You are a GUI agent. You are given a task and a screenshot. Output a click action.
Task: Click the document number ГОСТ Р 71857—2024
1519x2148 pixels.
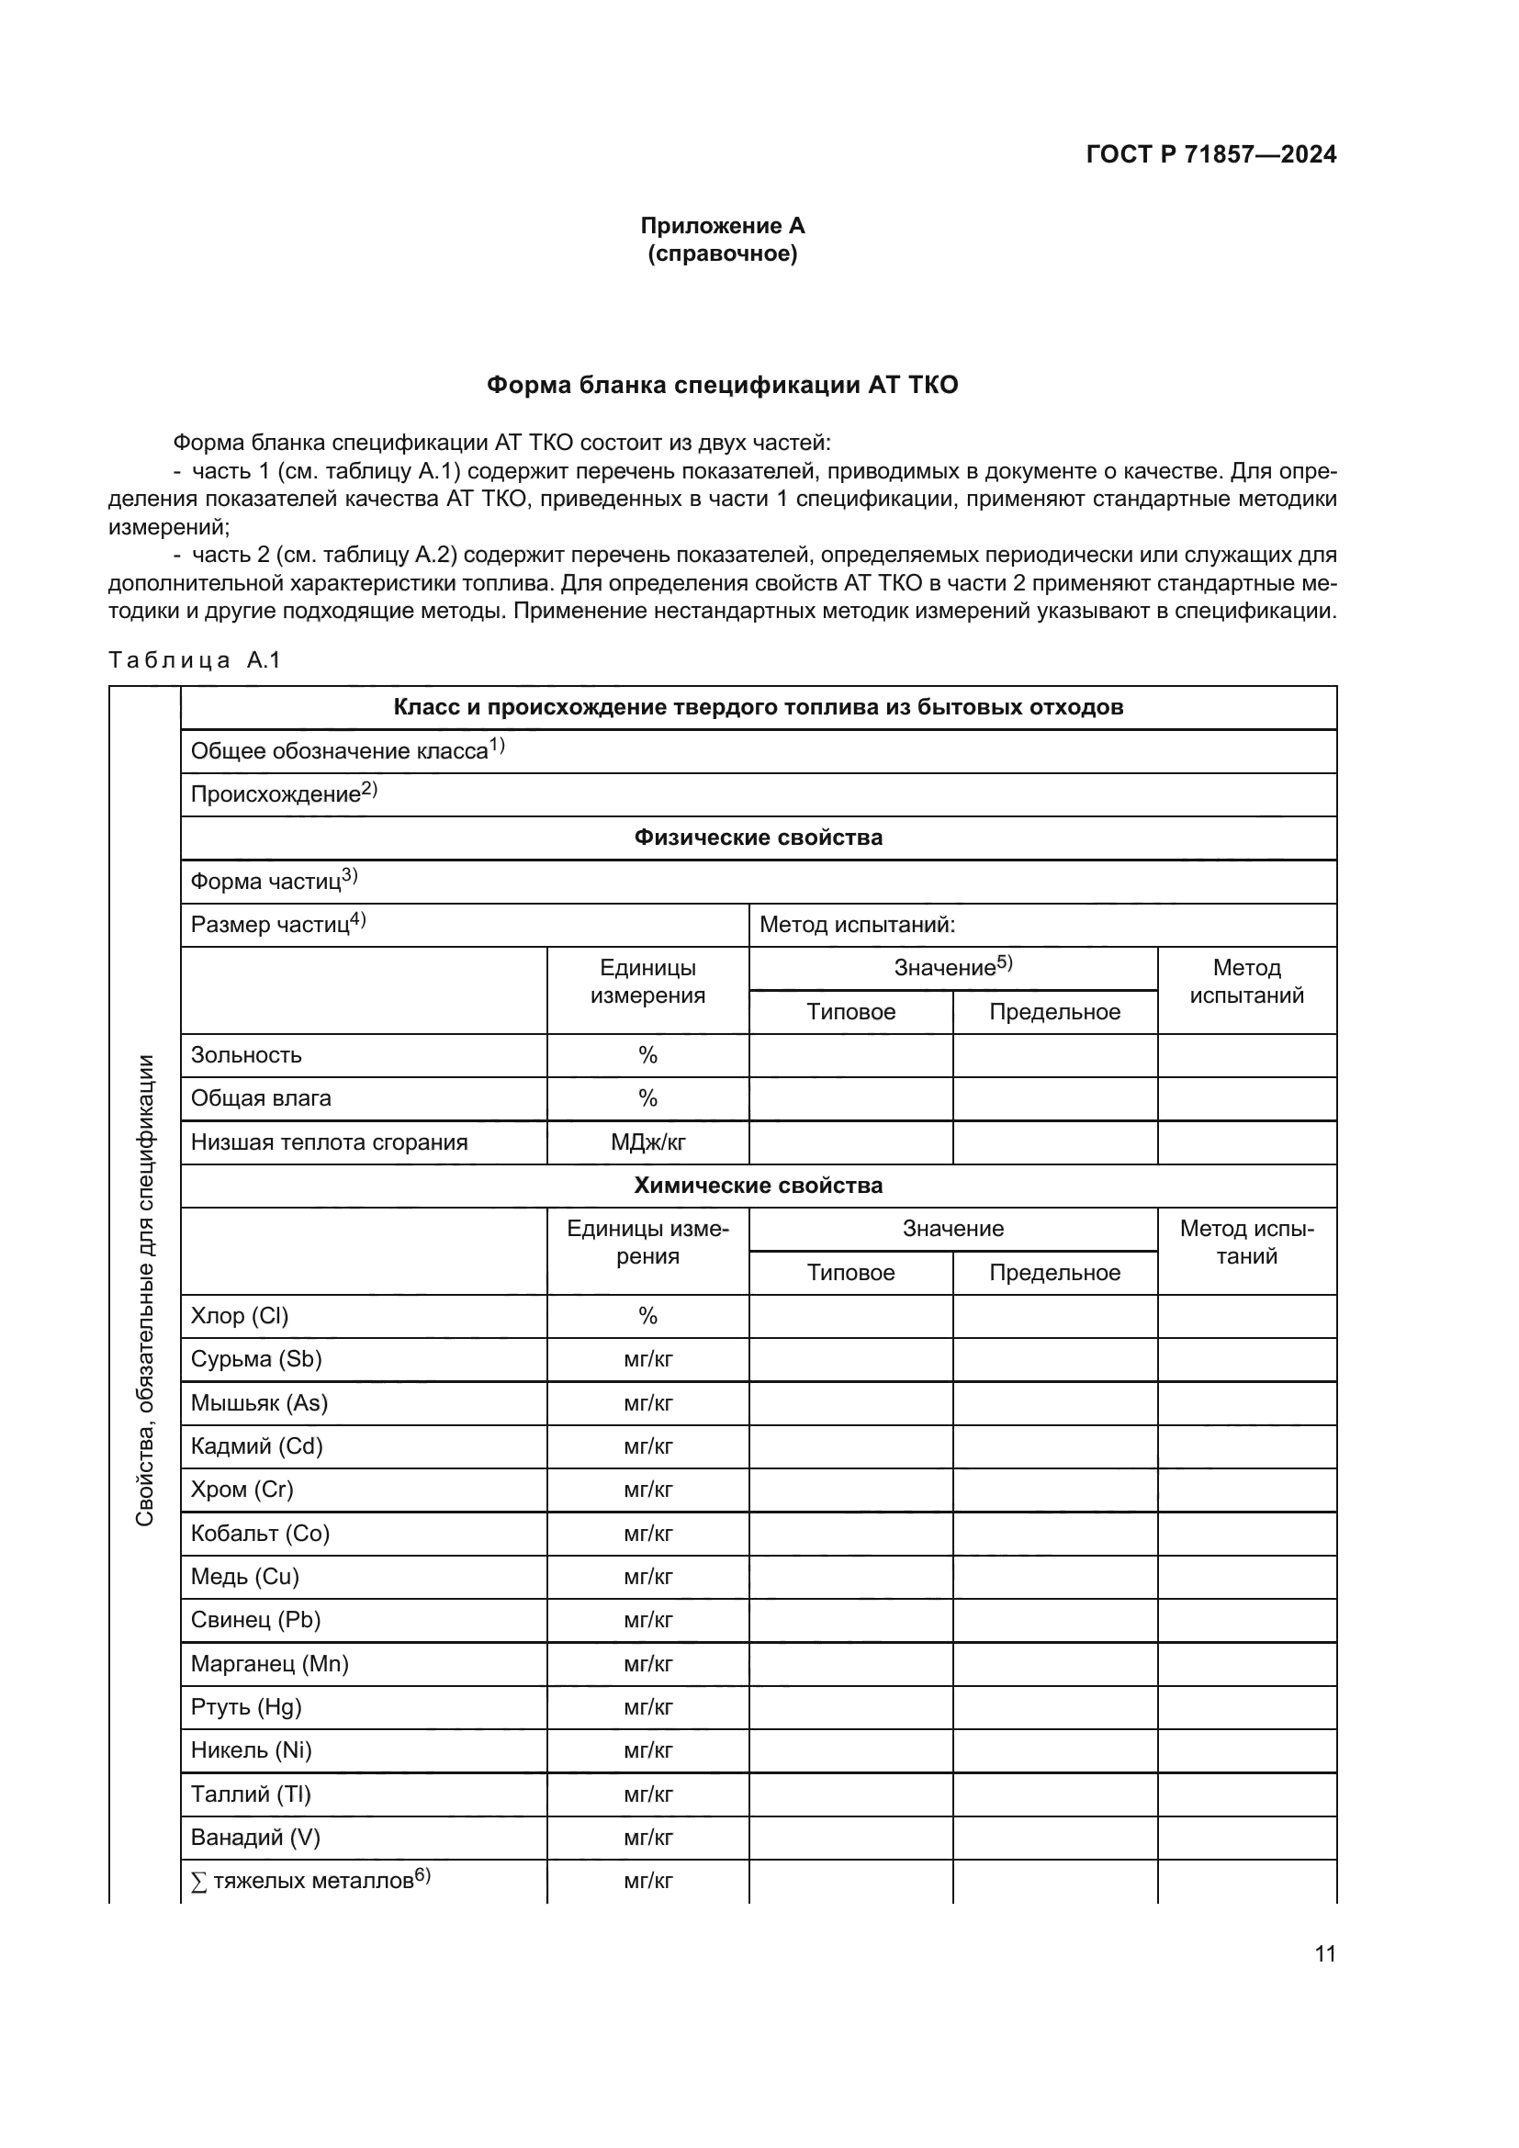[x=1210, y=154]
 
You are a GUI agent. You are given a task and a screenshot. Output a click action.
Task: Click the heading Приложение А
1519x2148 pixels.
[x=722, y=226]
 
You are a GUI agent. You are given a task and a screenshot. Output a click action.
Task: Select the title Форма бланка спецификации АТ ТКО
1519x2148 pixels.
[x=722, y=386]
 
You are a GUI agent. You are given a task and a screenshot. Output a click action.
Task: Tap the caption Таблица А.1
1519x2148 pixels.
[x=195, y=660]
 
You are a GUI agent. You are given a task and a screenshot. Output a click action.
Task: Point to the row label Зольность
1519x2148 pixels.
[x=246, y=1055]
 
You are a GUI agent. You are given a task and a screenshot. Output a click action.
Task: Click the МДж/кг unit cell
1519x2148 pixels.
[x=647, y=1142]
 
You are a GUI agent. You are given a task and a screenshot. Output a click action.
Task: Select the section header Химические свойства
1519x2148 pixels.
[x=758, y=1186]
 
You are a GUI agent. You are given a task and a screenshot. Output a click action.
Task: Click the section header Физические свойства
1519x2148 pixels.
[x=758, y=838]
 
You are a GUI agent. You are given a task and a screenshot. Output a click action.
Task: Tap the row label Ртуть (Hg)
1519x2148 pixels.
[x=246, y=1707]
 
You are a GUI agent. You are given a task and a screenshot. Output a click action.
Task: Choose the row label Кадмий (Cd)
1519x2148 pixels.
[x=256, y=1446]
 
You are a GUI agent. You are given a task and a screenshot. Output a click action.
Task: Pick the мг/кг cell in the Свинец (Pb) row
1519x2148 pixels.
[x=647, y=1620]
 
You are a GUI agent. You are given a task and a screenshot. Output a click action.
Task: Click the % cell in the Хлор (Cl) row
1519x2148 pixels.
[x=647, y=1316]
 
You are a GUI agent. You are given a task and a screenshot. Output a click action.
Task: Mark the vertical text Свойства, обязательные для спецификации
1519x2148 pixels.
[x=144, y=1290]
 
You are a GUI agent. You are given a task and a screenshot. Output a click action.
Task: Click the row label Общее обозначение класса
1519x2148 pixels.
[x=346, y=750]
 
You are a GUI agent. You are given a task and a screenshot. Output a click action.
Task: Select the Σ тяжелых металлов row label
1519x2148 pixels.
[x=309, y=1881]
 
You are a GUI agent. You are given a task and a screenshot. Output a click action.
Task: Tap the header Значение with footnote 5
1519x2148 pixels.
[x=952, y=968]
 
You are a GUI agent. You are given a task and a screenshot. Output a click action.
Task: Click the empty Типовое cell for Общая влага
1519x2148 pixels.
[x=850, y=1098]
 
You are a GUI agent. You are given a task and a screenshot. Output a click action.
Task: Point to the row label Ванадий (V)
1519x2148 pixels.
[x=254, y=1838]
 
